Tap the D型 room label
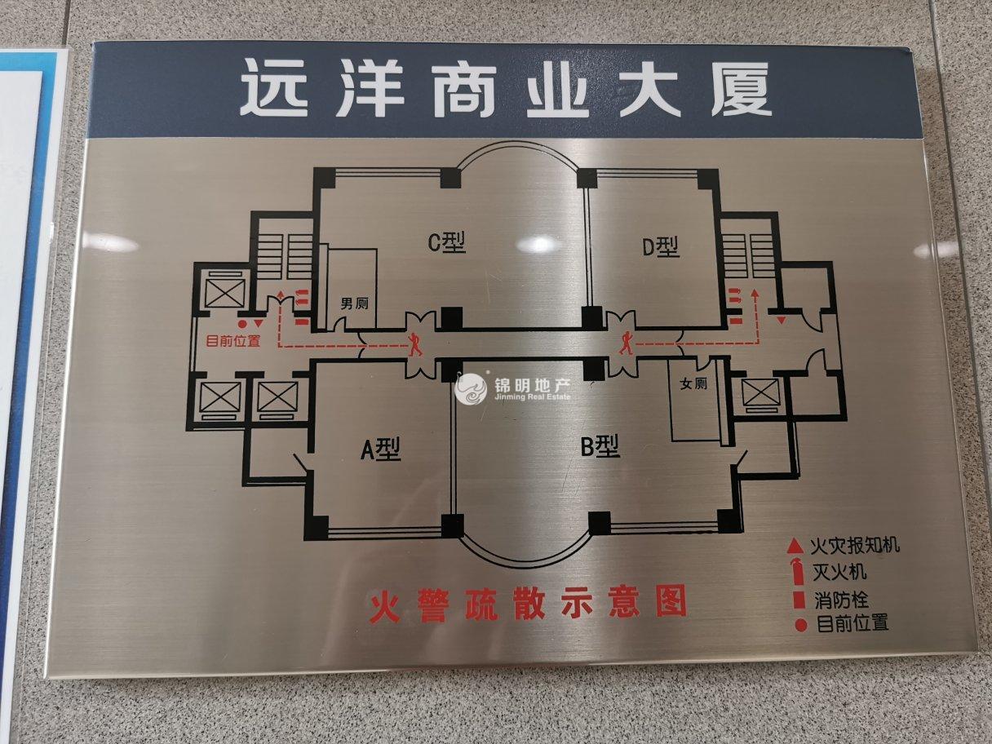[x=661, y=246]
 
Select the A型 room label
[x=381, y=449]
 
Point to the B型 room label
[x=600, y=446]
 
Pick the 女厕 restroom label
[x=693, y=383]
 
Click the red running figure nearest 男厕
[x=416, y=343]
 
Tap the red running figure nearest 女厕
[x=626, y=343]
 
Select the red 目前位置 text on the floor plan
[x=233, y=342]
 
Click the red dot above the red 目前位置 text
[x=242, y=324]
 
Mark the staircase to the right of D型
[x=746, y=253]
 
